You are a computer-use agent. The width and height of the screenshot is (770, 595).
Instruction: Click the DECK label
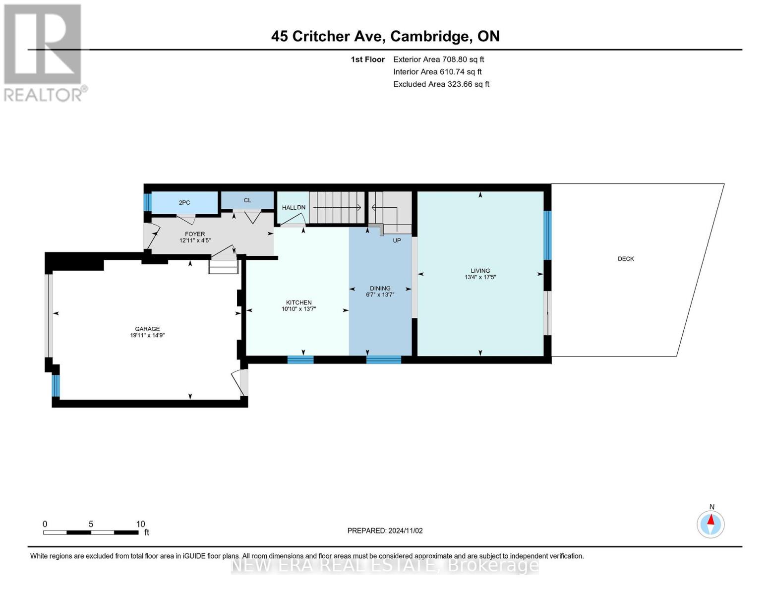coord(626,259)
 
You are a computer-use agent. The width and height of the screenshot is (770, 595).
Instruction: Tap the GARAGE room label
coord(147,329)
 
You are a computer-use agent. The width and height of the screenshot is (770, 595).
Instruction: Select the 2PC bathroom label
coord(184,203)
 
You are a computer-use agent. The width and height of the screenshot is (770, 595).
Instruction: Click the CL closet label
coord(247,200)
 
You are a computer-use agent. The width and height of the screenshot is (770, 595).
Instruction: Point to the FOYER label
coord(195,234)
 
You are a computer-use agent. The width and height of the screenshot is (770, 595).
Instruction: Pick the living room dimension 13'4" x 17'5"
coord(480,277)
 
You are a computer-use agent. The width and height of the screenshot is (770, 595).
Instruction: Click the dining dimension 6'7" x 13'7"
coord(380,295)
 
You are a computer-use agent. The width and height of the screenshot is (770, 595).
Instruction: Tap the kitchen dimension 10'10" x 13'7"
coord(298,309)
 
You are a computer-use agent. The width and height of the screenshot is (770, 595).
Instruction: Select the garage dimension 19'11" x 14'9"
coord(147,335)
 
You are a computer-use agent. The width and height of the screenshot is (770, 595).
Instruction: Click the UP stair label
coord(397,240)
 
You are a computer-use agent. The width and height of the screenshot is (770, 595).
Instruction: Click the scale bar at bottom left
coord(91,532)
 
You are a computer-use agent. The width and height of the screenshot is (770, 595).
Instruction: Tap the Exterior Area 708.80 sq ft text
coord(439,59)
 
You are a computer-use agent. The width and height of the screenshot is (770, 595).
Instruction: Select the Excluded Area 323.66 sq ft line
coord(441,84)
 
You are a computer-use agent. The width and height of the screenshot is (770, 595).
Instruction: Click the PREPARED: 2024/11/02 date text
coord(385,531)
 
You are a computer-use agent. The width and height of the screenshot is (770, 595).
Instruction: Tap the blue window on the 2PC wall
coord(148,201)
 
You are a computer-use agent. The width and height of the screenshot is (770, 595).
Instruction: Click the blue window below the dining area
coord(384,359)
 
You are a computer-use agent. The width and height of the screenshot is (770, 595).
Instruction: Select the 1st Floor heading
coord(367,59)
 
